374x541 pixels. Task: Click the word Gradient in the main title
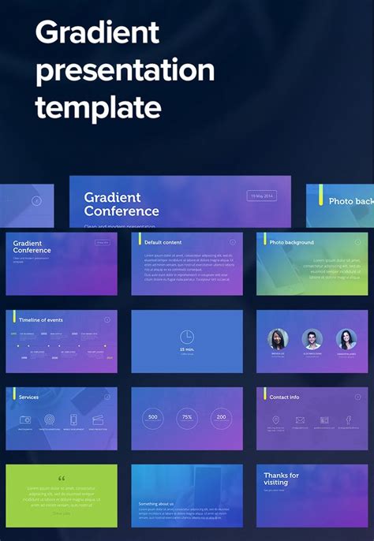point(97,33)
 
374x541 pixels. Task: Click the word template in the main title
point(98,106)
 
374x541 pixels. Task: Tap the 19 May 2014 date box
point(262,196)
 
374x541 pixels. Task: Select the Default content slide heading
point(163,242)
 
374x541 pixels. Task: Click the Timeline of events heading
point(41,319)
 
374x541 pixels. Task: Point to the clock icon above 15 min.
point(187,335)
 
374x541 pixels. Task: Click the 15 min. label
point(187,349)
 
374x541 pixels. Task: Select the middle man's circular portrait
point(312,339)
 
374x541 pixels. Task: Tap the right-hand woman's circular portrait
point(346,339)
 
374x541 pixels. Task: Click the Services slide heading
point(28,397)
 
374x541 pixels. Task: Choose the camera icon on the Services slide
point(25,420)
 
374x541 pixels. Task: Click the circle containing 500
point(153,417)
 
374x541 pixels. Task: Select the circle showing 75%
point(187,417)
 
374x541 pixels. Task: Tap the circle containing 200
point(221,417)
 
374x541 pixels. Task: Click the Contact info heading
point(284,397)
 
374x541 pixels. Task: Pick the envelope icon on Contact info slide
point(301,420)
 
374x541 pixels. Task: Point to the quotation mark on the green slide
point(62,478)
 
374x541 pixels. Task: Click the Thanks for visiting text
point(282,479)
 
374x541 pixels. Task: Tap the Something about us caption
point(156,503)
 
